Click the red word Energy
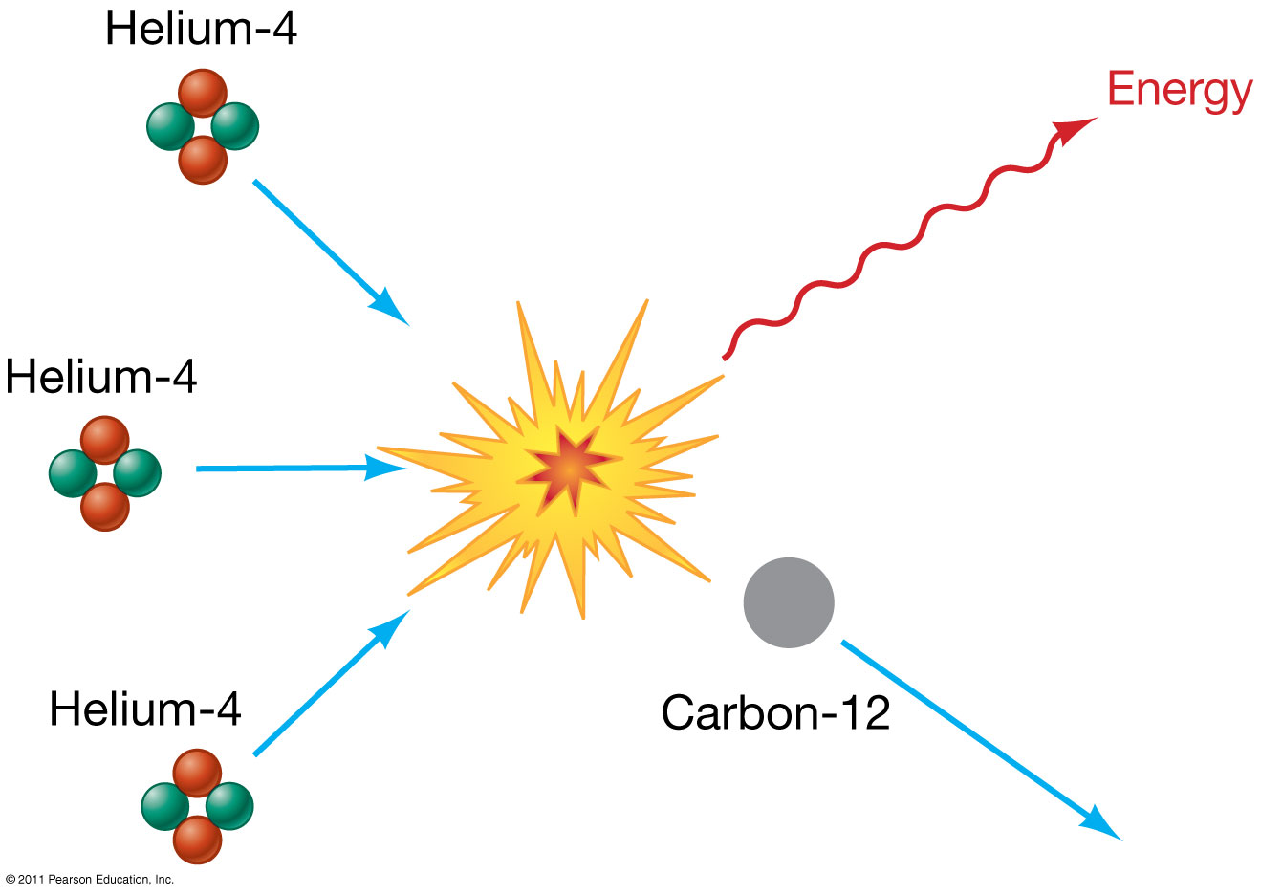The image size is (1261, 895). (x=1179, y=91)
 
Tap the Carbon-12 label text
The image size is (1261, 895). (x=775, y=713)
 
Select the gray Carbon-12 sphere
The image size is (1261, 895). (x=789, y=602)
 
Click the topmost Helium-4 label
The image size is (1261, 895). (x=201, y=29)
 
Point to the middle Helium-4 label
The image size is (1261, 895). (x=101, y=377)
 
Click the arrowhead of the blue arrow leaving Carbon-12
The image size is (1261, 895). (x=1103, y=826)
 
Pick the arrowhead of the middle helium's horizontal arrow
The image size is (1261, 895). (x=392, y=469)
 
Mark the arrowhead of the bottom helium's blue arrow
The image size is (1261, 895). (x=393, y=627)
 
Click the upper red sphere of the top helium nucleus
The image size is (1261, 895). (x=203, y=94)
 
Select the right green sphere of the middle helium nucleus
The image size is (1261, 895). (x=136, y=472)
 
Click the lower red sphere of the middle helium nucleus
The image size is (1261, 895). (x=105, y=506)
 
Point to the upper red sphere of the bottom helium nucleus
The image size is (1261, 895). (x=197, y=773)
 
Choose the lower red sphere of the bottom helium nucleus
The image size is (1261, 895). (x=197, y=840)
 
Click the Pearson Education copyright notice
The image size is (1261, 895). (x=90, y=879)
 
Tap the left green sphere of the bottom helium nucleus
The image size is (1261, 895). (x=165, y=806)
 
